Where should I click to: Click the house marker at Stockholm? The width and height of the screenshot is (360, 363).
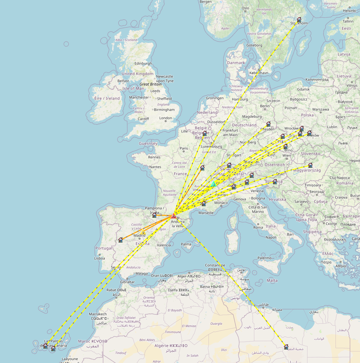[x=299, y=20]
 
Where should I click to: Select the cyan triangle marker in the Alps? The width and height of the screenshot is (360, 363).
[x=213, y=185]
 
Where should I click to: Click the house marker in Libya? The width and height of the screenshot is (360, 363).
[x=286, y=347]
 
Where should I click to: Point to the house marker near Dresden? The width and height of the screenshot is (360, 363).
[x=268, y=124]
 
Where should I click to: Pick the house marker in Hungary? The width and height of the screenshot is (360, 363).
[x=310, y=165]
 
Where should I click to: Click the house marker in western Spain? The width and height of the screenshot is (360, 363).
[x=121, y=240]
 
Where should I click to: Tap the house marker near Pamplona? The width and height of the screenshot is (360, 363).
[x=154, y=215]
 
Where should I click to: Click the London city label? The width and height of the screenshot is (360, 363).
[x=165, y=118]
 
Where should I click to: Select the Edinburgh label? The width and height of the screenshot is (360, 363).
[x=143, y=63]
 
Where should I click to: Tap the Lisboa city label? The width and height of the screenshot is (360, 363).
[x=100, y=258]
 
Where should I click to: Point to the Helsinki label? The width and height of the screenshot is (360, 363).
[x=349, y=11]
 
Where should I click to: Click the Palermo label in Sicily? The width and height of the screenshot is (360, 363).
[x=264, y=258]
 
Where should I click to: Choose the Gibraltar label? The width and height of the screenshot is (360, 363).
[x=127, y=282]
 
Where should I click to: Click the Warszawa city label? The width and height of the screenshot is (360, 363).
[x=320, y=110]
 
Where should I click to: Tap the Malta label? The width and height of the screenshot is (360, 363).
[x=272, y=281]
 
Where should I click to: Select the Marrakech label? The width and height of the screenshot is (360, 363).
[x=98, y=314]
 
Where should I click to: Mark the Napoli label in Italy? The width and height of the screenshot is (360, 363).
[x=271, y=237]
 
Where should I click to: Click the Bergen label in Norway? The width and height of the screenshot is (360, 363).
[x=206, y=2]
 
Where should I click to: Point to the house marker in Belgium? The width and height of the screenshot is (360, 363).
[x=204, y=133]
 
